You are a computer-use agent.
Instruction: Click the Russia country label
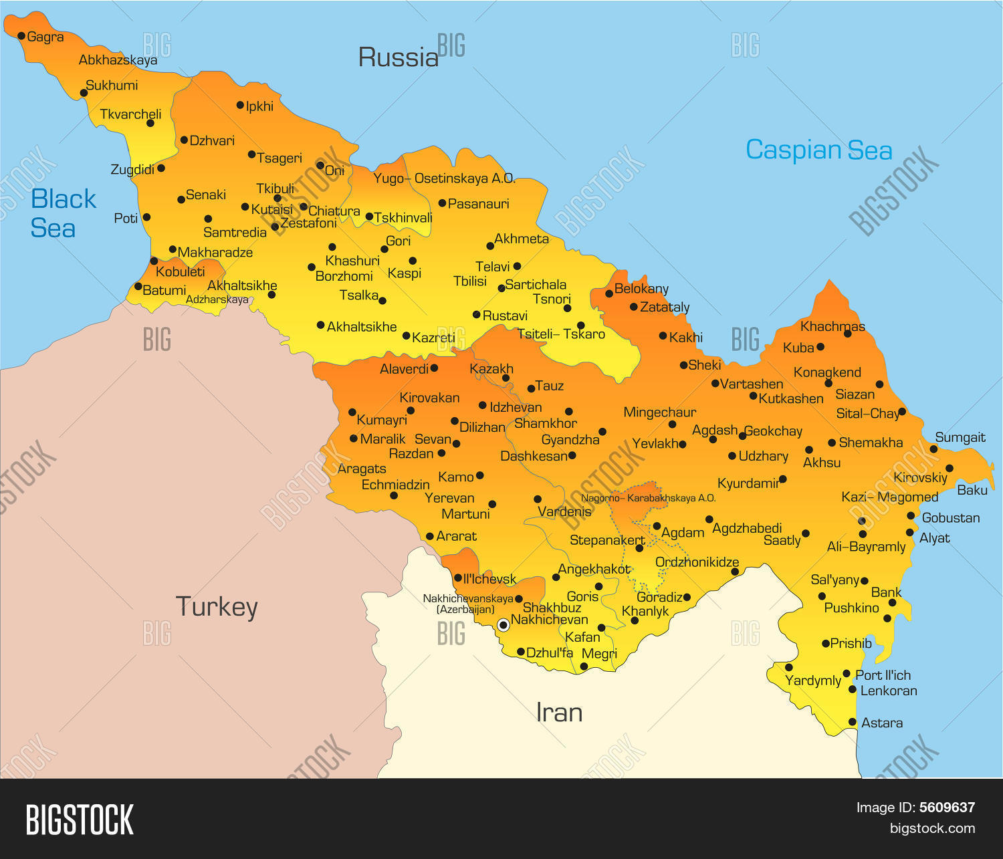[x=399, y=57]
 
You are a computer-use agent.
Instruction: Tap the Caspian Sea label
[x=818, y=150]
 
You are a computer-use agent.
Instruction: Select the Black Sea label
[x=63, y=213]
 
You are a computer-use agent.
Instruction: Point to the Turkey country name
[x=217, y=607]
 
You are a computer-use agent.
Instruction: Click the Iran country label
[x=559, y=713]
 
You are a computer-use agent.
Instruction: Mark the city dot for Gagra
[x=21, y=36]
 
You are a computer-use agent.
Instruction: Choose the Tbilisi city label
[x=470, y=281]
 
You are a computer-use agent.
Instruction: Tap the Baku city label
[x=972, y=490]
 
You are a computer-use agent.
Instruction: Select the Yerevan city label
[x=449, y=498]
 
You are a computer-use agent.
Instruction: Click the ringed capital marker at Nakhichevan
[x=504, y=625]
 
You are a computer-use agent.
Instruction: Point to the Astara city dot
[x=853, y=722]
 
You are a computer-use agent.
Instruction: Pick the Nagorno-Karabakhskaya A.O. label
[x=648, y=498]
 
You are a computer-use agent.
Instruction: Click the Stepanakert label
[x=607, y=540]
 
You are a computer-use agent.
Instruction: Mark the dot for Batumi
[x=138, y=287]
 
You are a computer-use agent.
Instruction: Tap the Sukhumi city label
[x=112, y=86]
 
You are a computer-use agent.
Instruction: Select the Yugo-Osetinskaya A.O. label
[x=444, y=178]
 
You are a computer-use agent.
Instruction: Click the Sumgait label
[x=960, y=438]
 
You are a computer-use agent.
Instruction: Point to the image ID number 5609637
[x=947, y=808]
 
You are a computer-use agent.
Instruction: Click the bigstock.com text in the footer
[x=932, y=829]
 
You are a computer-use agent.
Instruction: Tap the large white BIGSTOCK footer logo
[x=80, y=820]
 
